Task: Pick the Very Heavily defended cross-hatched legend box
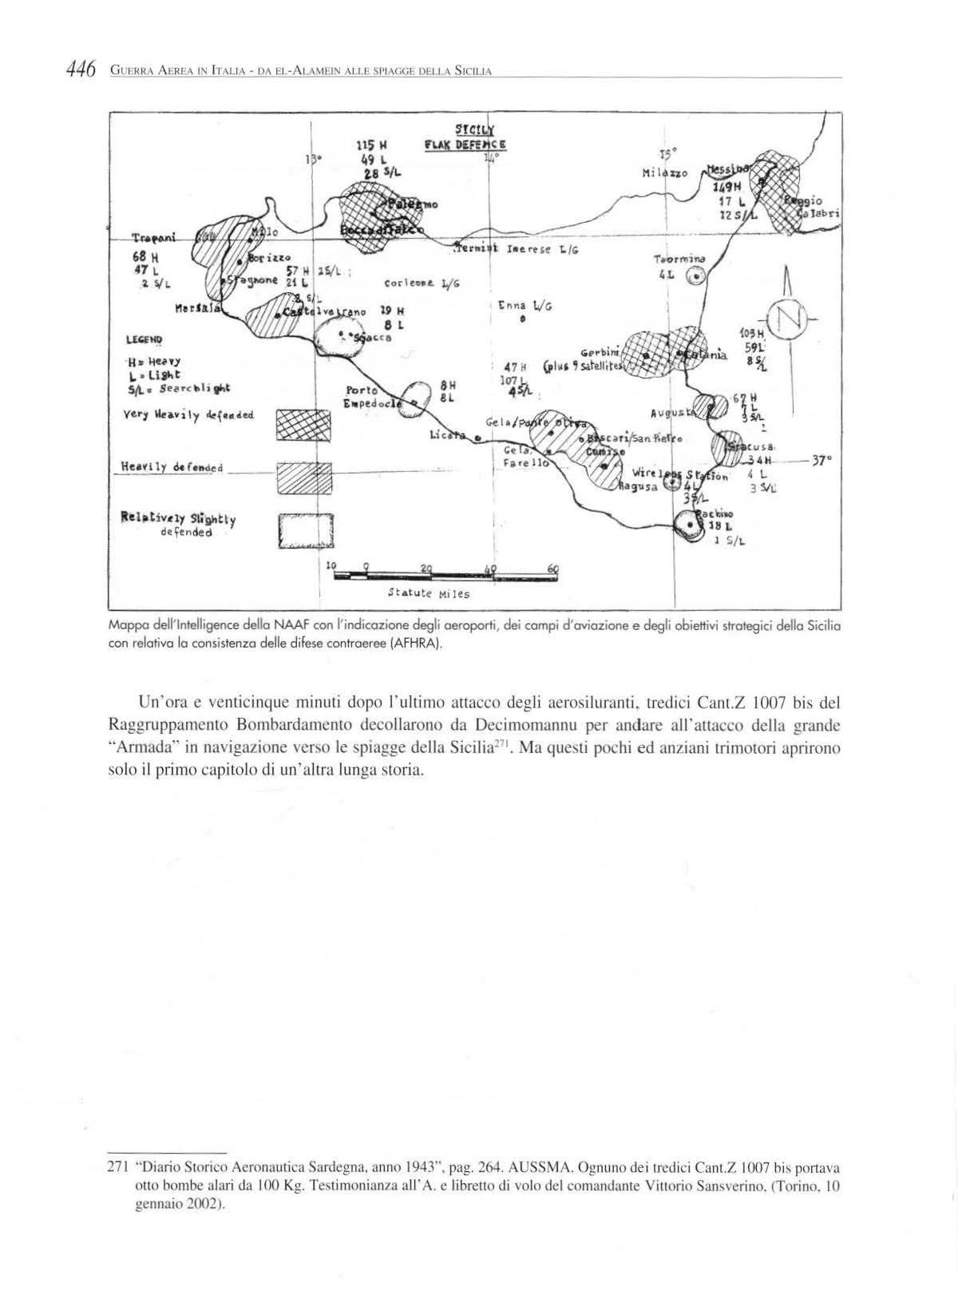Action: (x=303, y=424)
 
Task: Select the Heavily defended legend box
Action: (x=303, y=477)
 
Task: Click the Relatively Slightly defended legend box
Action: (x=303, y=530)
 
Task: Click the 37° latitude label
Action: (x=822, y=461)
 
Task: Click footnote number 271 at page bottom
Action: (x=117, y=1166)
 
